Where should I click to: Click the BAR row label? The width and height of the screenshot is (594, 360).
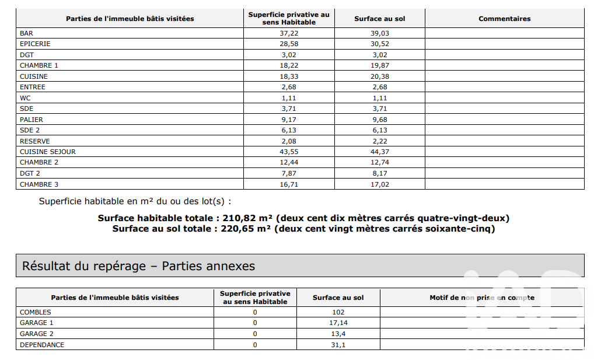(26, 33)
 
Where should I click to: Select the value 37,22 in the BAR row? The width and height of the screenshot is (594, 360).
(289, 33)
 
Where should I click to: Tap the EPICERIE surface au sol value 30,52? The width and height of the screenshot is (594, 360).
(379, 44)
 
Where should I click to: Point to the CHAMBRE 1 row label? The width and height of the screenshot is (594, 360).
(39, 65)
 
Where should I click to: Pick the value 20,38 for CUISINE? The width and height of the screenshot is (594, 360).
(379, 76)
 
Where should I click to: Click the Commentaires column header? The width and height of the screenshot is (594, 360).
(504, 19)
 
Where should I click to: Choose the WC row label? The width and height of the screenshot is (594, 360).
(25, 98)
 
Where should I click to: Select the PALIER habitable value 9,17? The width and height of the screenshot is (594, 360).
(289, 120)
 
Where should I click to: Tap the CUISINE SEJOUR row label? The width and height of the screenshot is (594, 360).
(48, 152)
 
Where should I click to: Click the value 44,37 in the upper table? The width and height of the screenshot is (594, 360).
(379, 152)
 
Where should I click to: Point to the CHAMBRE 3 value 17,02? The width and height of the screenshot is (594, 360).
(379, 184)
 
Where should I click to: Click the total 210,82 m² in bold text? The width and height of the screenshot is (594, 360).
(246, 218)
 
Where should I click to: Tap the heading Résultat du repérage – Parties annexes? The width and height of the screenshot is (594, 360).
(138, 266)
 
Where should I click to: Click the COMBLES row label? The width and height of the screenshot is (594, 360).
(36, 312)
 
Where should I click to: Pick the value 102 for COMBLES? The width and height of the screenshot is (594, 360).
(338, 312)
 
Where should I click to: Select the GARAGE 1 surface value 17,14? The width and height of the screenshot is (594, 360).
(338, 323)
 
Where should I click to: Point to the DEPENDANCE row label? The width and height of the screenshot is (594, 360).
(42, 345)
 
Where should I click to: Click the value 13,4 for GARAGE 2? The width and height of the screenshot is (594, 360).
(338, 334)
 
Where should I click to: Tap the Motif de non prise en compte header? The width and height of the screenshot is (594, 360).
(481, 298)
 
